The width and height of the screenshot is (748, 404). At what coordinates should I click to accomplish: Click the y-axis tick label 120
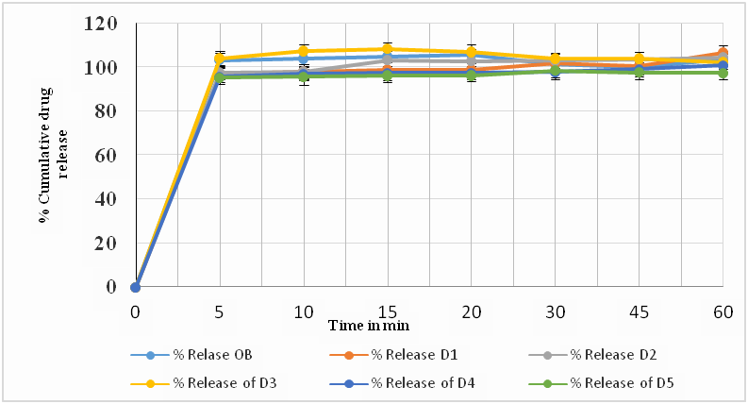click(102, 23)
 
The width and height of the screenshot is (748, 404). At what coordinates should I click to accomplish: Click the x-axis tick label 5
click(220, 309)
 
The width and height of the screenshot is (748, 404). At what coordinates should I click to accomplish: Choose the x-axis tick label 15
click(387, 309)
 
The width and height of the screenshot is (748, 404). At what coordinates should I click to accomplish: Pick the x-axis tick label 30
click(555, 309)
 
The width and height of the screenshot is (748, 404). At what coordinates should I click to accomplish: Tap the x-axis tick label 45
click(639, 309)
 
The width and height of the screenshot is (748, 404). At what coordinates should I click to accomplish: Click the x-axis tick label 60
click(722, 309)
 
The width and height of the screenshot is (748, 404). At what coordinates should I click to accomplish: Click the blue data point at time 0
click(136, 286)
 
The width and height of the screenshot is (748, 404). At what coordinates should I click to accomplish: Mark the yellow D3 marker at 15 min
click(387, 49)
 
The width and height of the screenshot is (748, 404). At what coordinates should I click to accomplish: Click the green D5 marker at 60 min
click(723, 73)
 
